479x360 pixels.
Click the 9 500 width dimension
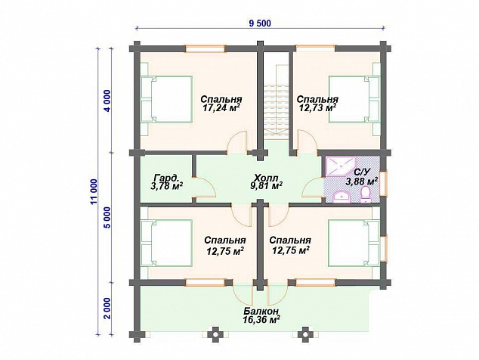(260, 23)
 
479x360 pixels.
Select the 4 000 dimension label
(107, 101)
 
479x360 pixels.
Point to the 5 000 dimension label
(107, 218)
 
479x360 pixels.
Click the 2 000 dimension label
(107, 309)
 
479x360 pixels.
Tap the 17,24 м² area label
(221, 107)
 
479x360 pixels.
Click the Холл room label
(266, 178)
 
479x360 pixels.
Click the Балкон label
(261, 312)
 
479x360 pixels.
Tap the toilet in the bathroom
(366, 194)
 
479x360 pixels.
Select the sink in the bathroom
(341, 197)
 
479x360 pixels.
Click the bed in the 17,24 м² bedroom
(167, 99)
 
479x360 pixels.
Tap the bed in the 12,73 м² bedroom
(354, 99)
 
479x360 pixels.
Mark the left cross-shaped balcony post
(216, 334)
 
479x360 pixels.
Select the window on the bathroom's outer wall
(385, 182)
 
